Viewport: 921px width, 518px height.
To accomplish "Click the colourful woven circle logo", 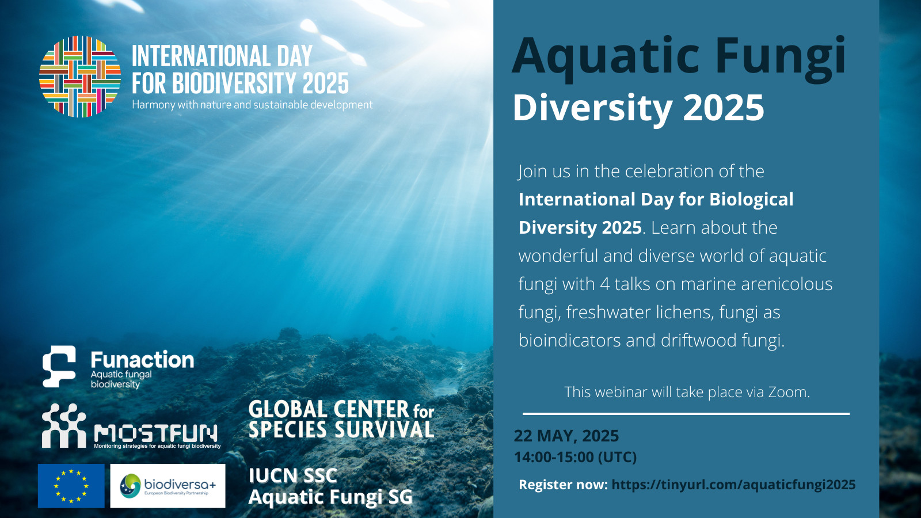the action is [x=80, y=77].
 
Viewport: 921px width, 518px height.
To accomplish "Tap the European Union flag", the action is [x=71, y=486].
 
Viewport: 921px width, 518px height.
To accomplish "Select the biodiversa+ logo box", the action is [x=168, y=486].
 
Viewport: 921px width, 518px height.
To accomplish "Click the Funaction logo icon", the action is [x=59, y=366].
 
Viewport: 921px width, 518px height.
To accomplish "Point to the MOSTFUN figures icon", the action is [x=64, y=425].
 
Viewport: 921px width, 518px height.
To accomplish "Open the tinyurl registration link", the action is [x=733, y=484].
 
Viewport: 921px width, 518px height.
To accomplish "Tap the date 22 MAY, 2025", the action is [x=566, y=436].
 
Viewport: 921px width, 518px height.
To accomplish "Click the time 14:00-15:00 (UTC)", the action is [x=575, y=457].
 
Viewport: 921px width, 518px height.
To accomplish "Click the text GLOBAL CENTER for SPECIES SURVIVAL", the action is [x=341, y=420].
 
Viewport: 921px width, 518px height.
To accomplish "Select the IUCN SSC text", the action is [x=293, y=475].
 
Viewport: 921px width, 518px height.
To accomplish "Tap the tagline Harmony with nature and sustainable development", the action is [x=252, y=104].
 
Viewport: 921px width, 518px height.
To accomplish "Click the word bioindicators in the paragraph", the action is [x=569, y=340].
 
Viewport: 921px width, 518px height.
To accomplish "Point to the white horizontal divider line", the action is [x=686, y=414].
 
